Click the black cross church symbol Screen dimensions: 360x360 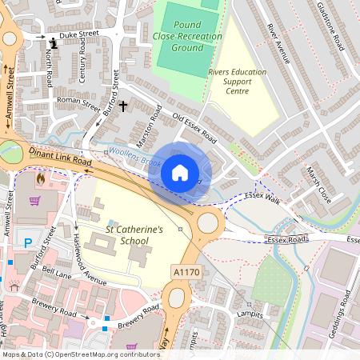123,106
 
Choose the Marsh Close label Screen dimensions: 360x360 318,185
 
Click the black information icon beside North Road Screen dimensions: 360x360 54,42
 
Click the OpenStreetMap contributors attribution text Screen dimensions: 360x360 80,354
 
